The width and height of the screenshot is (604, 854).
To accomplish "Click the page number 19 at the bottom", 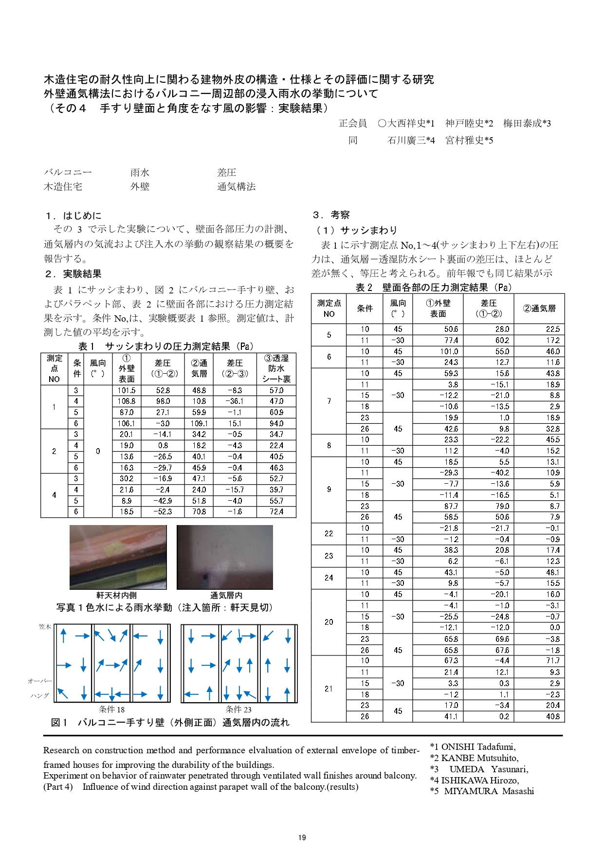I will (x=302, y=837).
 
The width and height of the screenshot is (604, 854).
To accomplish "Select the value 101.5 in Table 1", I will (x=127, y=390).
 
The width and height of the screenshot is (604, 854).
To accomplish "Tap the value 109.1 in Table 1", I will (x=199, y=423).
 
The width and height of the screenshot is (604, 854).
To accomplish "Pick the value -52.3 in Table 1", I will (x=163, y=511).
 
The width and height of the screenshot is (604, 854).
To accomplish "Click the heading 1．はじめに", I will (x=73, y=216).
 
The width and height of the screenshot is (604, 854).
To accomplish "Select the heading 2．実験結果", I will (x=73, y=274).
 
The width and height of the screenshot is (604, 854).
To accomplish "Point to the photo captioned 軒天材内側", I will (x=118, y=557).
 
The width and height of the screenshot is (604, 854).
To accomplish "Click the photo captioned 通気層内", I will (x=225, y=557).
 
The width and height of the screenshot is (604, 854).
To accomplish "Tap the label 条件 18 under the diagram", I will (x=111, y=709).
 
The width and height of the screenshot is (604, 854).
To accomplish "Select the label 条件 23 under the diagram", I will (x=238, y=709).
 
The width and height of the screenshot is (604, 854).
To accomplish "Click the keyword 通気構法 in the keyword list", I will (x=237, y=186).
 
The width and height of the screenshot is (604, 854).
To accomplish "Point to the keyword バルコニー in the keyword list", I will (x=68, y=172).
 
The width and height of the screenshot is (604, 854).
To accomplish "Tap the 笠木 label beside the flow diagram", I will (x=45, y=627).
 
